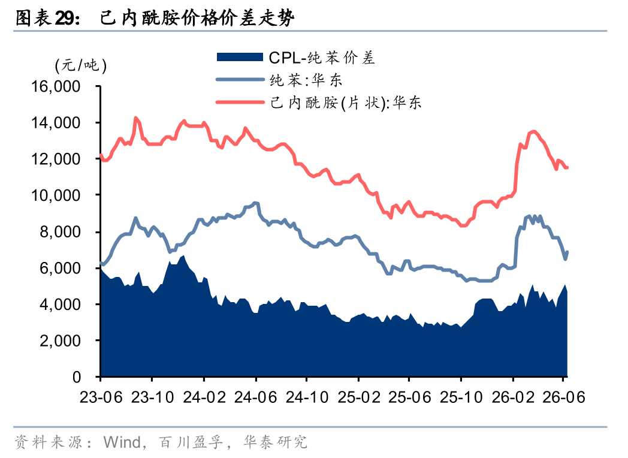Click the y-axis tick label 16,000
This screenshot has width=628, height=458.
56,86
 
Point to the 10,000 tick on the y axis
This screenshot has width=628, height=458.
56,195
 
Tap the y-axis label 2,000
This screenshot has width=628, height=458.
60,341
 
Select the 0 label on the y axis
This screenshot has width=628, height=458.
77,377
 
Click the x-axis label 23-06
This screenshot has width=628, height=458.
101,397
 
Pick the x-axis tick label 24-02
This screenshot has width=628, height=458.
204,397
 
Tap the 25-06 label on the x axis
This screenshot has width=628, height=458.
410,397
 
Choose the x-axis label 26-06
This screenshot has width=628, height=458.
564,397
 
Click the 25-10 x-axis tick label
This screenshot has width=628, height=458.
461,397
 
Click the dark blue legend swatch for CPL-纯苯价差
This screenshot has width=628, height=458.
240,57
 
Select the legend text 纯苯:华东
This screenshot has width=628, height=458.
306,80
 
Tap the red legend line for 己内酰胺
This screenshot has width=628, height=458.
240,102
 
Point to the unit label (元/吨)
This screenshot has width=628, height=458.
81,65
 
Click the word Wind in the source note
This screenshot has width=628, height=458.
122,442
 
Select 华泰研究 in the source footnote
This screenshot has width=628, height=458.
276,442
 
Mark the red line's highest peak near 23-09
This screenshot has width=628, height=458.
136,118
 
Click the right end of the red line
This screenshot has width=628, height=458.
567,167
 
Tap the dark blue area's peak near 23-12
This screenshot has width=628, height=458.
184,255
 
